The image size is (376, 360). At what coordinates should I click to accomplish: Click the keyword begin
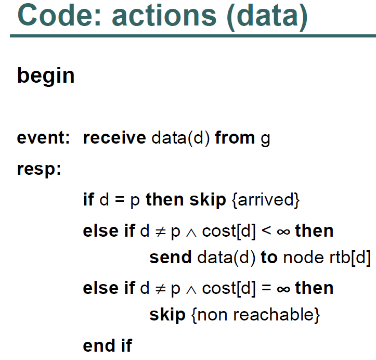coord(46,76)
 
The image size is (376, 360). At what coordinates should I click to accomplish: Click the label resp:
coord(39,170)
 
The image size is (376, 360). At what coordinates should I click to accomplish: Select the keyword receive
coord(114,138)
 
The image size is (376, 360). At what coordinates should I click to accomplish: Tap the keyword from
coord(235,138)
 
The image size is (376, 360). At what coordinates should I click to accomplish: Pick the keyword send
coord(171,258)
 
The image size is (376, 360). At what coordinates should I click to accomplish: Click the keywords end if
coord(108,345)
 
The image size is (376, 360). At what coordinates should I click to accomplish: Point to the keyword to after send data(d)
coord(269,258)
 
